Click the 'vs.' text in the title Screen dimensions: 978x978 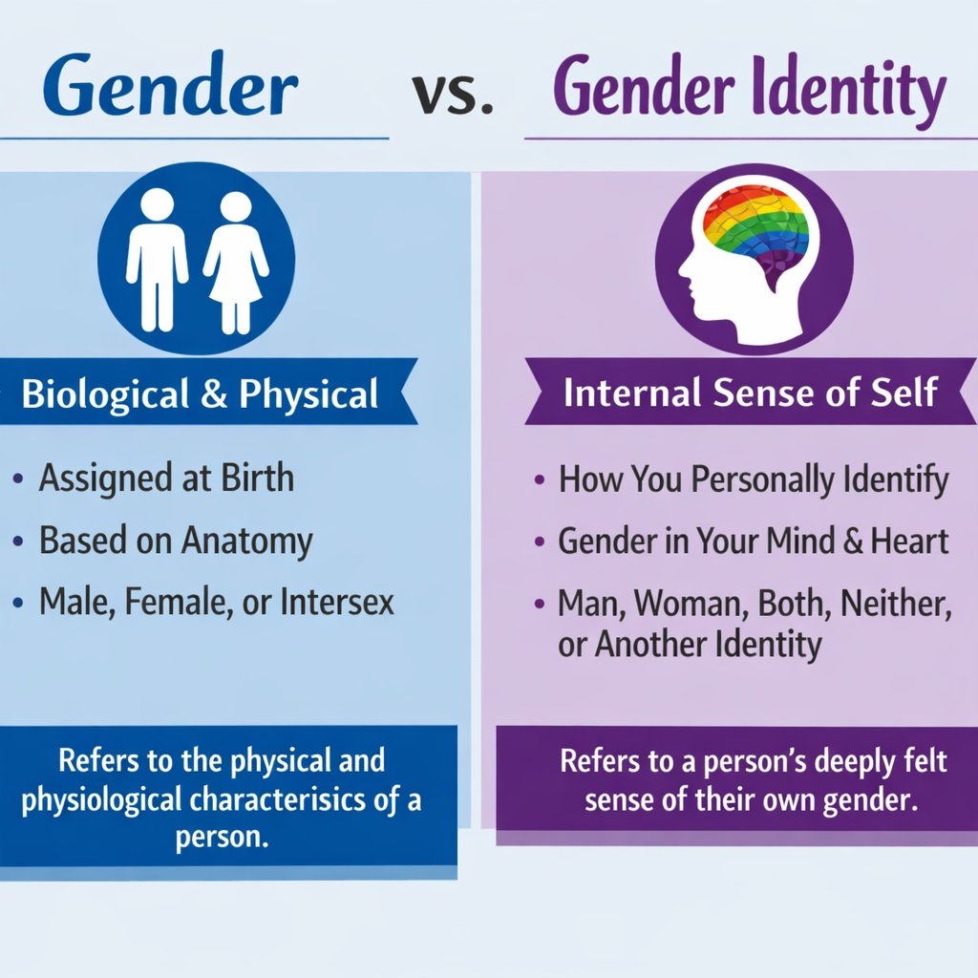(455, 93)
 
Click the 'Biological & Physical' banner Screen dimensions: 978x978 (201, 393)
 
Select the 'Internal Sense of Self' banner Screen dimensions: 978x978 (750, 393)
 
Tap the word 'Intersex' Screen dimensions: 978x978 (338, 604)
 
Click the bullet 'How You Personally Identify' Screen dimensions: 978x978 (753, 478)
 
